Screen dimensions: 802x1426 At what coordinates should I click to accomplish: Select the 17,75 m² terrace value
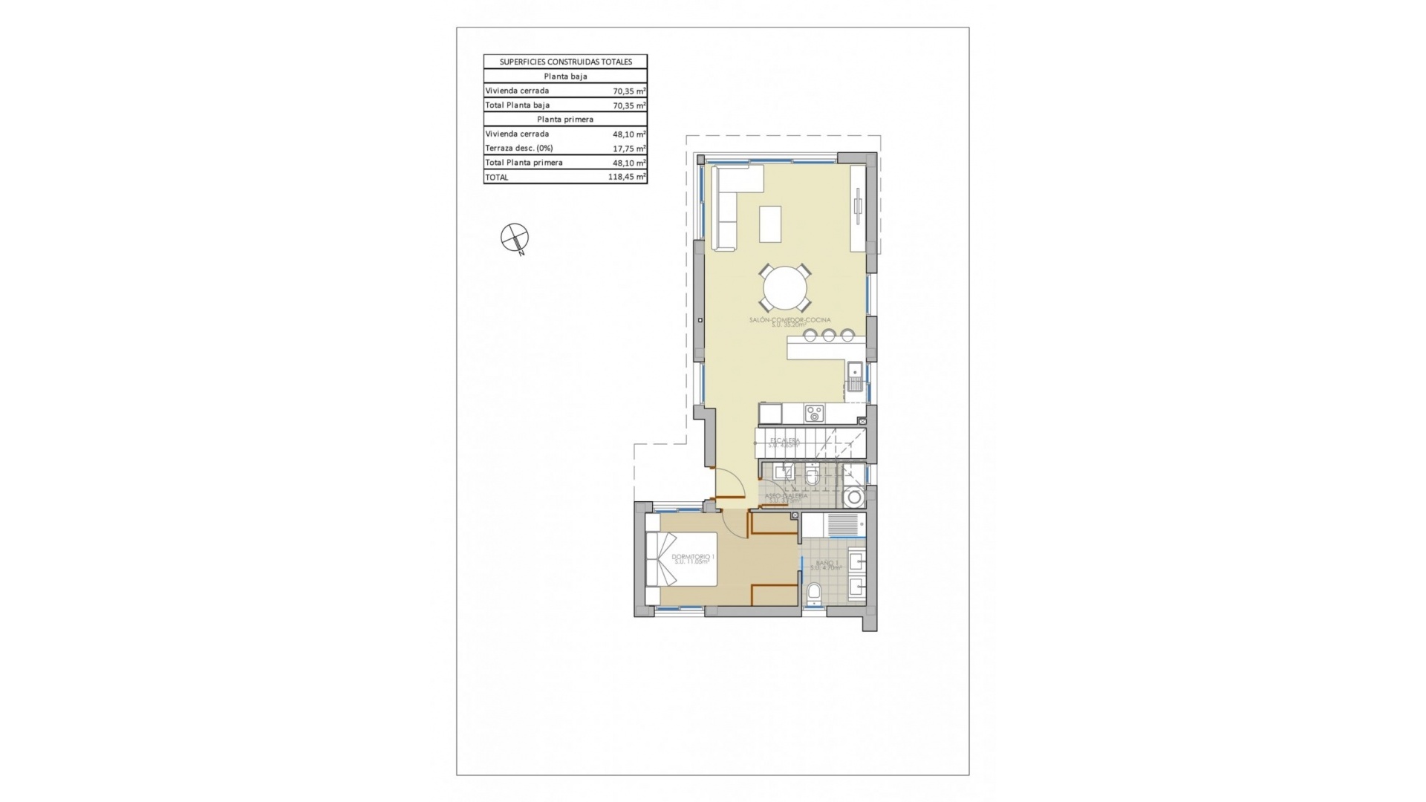pos(629,149)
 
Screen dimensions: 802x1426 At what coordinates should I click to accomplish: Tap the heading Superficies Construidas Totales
pos(565,62)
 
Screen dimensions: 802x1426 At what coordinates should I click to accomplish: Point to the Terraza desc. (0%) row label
pos(519,149)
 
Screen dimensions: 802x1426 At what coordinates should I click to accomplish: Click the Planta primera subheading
pos(565,120)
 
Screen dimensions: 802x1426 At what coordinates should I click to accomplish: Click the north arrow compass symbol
pos(514,238)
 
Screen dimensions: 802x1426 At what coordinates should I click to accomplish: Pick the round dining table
pos(785,288)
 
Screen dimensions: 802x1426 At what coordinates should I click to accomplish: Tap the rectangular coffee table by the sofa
pos(770,224)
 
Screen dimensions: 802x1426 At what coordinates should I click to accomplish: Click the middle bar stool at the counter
pos(829,336)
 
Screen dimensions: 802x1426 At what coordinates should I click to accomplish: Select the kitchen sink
pos(855,376)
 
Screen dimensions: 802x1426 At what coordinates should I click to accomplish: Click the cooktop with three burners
pos(815,414)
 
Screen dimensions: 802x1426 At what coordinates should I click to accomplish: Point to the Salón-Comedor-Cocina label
pos(789,321)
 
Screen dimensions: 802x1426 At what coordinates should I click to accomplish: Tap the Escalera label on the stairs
pos(785,441)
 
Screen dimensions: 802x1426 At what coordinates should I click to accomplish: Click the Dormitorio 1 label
pos(692,557)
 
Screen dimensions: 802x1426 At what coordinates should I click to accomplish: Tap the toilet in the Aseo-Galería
pos(812,475)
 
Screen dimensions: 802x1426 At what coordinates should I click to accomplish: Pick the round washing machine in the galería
pos(855,497)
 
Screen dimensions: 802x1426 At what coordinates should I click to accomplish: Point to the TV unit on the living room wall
pos(858,206)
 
